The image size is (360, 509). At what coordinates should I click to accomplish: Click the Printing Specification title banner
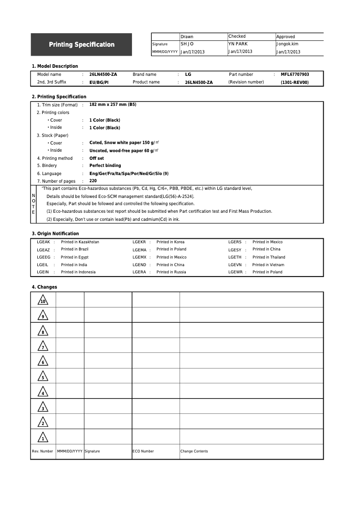(81, 44)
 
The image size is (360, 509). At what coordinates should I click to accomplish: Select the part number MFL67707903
(295, 75)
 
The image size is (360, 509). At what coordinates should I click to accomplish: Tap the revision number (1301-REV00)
(294, 83)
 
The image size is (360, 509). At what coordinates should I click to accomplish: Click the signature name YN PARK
(238, 44)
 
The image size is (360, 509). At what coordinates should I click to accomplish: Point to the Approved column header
(285, 37)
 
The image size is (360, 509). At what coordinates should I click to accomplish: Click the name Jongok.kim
(287, 44)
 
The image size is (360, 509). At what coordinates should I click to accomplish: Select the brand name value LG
(188, 75)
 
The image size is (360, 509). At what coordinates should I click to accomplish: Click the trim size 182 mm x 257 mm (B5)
(113, 105)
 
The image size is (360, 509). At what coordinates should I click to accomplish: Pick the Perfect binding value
(105, 166)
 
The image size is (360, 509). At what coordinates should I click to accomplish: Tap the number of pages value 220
(93, 181)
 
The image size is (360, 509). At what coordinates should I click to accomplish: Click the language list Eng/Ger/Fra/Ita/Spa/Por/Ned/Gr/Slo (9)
(129, 174)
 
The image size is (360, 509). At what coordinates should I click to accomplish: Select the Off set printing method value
(97, 158)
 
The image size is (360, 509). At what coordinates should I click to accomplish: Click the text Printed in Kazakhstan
(80, 242)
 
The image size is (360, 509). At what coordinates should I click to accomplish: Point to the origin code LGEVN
(235, 265)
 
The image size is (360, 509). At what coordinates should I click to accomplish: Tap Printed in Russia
(171, 272)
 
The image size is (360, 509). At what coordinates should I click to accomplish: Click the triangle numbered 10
(43, 301)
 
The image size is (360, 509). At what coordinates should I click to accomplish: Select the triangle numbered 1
(43, 438)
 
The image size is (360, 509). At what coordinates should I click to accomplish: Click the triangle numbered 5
(43, 377)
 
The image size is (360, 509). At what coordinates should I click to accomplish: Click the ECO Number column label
(143, 452)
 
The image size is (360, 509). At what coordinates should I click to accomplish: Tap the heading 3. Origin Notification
(55, 233)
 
